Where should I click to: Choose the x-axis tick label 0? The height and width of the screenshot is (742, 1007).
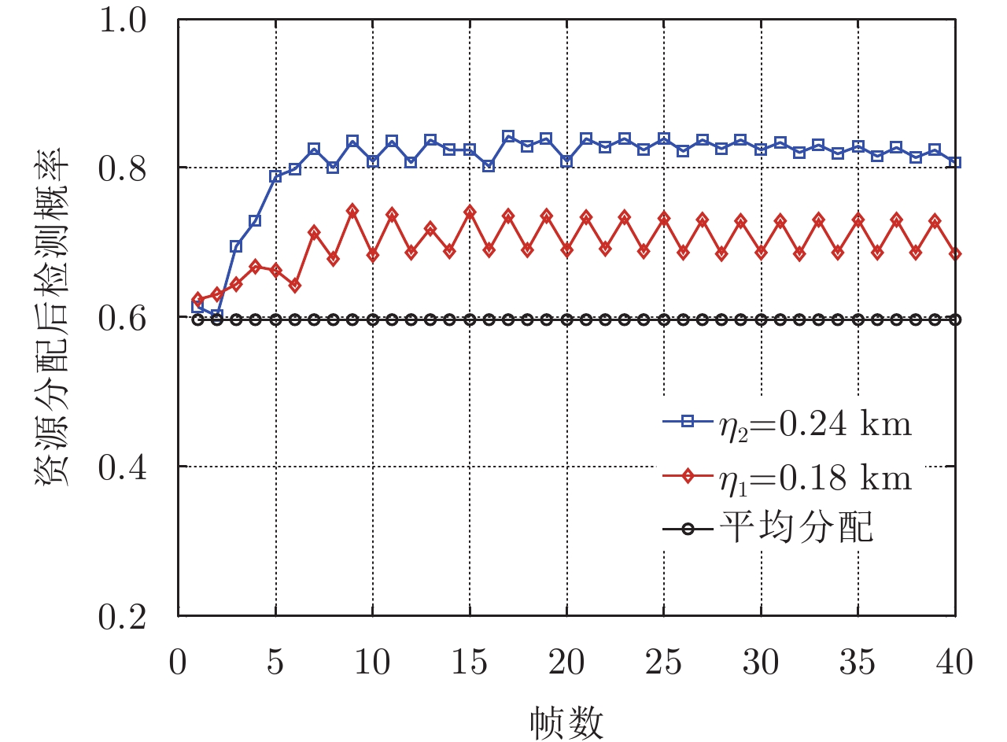point(179,663)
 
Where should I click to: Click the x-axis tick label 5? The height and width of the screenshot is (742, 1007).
point(275,663)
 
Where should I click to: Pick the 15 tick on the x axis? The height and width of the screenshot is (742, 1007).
point(470,663)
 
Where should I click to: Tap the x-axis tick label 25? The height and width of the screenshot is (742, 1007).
point(663,663)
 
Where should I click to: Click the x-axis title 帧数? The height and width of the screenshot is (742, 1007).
point(566,719)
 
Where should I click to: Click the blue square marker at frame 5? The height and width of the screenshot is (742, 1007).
point(275,176)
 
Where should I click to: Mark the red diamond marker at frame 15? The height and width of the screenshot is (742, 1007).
point(470,212)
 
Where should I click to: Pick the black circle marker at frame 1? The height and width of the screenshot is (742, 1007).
point(198,319)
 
